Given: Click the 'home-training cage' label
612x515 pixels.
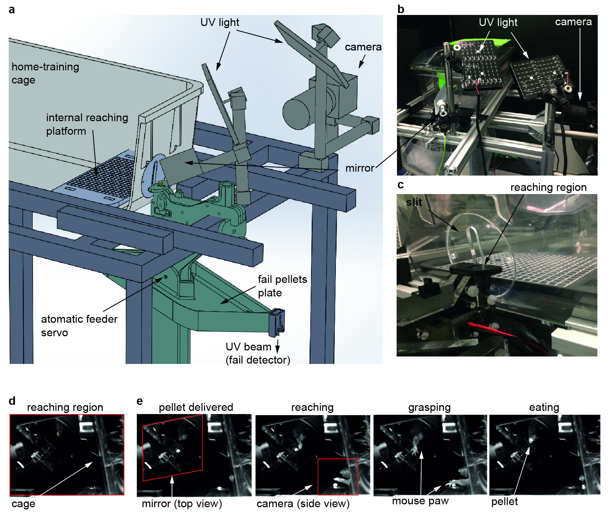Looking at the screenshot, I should (x=45, y=73).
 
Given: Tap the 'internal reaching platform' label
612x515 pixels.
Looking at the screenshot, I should (x=87, y=124).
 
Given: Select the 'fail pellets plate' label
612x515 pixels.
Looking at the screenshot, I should (x=282, y=286).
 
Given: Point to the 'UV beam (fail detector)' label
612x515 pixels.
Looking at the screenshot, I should (x=258, y=353).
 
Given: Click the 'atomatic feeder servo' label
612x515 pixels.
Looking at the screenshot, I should (x=79, y=326).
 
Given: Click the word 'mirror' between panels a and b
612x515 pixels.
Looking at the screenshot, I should (x=360, y=168).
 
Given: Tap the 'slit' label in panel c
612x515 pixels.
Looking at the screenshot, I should (x=414, y=202).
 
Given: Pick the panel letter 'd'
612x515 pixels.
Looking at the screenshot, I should (x=12, y=401).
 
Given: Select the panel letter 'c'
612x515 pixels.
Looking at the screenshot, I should (x=401, y=185).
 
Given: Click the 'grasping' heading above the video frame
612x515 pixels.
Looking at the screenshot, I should (x=429, y=407).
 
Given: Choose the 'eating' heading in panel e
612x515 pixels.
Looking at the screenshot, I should (x=544, y=407).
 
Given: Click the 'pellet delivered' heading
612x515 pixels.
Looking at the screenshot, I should (x=196, y=407).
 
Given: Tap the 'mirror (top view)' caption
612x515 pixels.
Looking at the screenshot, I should (x=182, y=504).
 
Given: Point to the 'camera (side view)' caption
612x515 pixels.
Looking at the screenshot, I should (x=303, y=504).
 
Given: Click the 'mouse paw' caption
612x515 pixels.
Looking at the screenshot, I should (x=420, y=501).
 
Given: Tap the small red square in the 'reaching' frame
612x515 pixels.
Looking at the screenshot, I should (x=338, y=476).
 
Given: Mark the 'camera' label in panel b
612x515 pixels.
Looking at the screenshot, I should (x=573, y=22).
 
